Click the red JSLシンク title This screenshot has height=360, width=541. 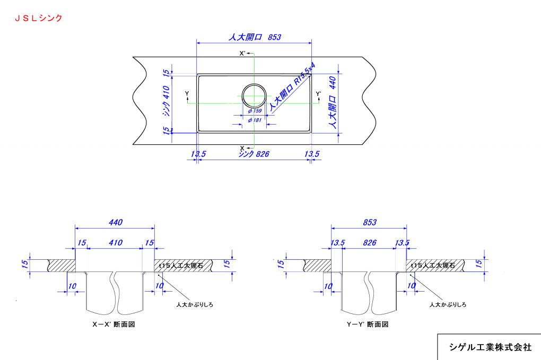[38, 18]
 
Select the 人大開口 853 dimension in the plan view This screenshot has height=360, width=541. [254, 37]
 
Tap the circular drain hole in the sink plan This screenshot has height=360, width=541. [254, 96]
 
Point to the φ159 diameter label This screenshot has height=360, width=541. [255, 111]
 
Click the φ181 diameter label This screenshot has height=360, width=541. [255, 120]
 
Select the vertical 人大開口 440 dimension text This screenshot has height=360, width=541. [333, 103]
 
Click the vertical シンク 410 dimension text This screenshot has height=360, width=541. [166, 102]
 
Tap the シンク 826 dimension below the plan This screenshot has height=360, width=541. [254, 154]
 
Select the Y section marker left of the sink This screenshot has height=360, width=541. [187, 94]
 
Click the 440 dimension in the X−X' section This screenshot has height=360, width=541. [115, 223]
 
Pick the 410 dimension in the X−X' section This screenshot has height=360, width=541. [115, 243]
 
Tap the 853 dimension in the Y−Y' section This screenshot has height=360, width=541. [369, 223]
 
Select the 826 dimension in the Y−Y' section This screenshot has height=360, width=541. [369, 243]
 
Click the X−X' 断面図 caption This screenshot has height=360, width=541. [114, 324]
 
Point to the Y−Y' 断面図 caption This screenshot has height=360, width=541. [368, 324]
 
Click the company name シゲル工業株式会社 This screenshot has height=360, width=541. [490, 347]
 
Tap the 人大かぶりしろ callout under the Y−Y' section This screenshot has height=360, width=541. [448, 304]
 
